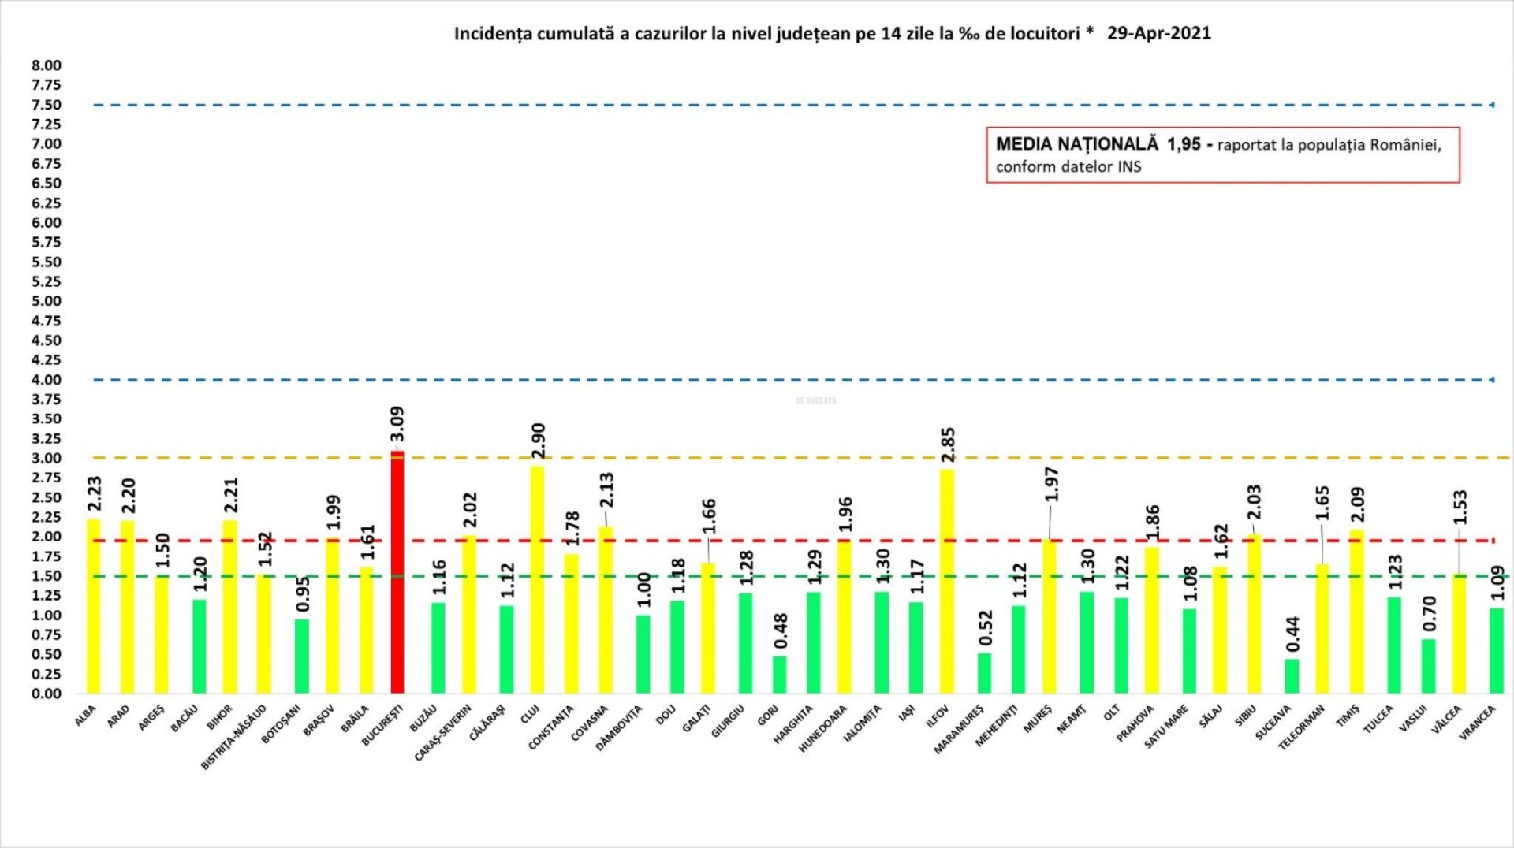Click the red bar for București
click(397, 572)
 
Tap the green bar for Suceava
click(1291, 676)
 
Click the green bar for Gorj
click(779, 675)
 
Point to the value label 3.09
click(397, 424)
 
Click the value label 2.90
click(539, 441)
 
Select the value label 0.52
click(986, 628)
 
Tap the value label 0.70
click(1430, 614)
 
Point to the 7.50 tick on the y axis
click(47, 105)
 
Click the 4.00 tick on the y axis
click(47, 380)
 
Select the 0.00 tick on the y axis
click(47, 694)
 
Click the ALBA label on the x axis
click(85, 716)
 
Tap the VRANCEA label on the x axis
click(1477, 723)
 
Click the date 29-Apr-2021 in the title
click(1158, 33)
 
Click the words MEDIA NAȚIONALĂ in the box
click(1076, 144)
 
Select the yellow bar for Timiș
click(1356, 612)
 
